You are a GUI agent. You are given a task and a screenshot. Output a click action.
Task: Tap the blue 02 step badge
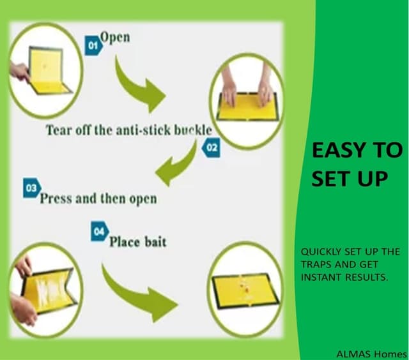pyautogui.click(x=210, y=149)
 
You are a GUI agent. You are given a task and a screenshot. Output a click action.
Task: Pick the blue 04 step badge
pyautogui.click(x=98, y=233)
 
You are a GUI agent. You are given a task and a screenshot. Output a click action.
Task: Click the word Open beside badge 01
pyautogui.click(x=115, y=37)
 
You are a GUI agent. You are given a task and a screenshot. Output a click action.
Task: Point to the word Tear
pyautogui.click(x=59, y=130)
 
